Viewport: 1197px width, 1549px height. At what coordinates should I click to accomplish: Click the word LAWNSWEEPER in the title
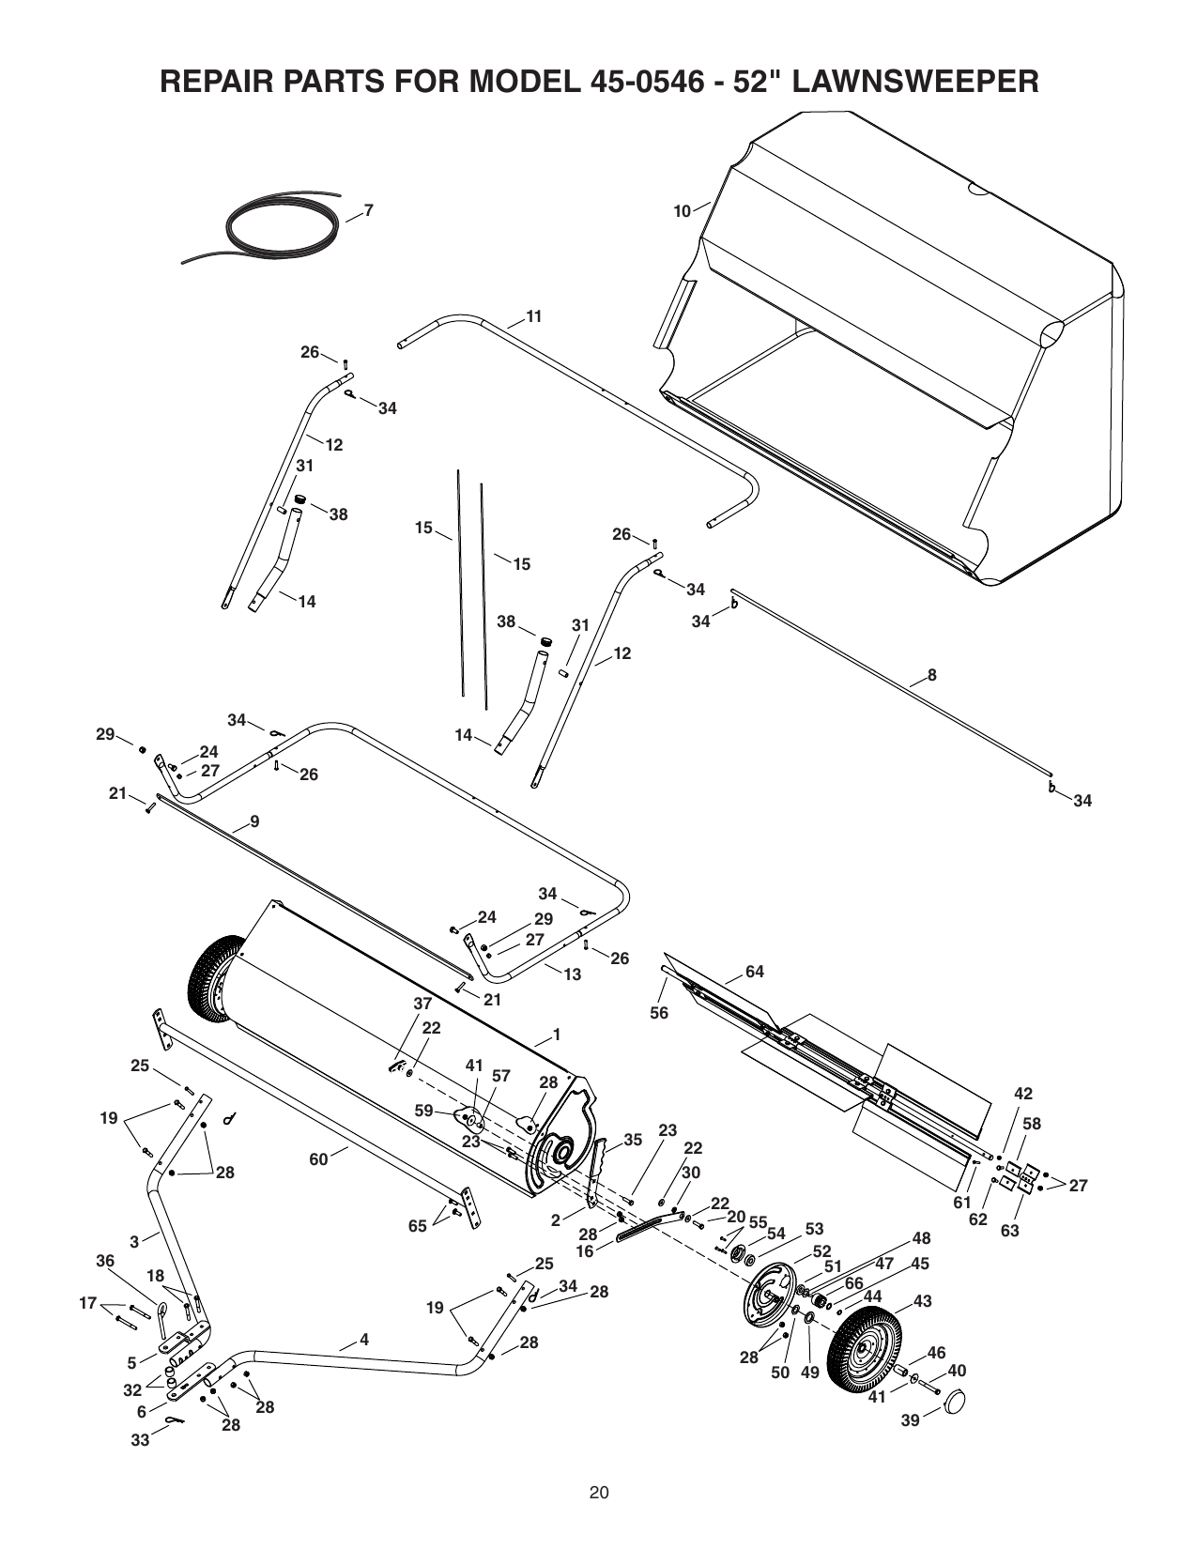tap(914, 82)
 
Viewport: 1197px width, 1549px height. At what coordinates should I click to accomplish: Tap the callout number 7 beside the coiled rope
tap(369, 210)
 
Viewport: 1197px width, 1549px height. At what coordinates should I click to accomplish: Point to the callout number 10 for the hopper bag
tap(683, 212)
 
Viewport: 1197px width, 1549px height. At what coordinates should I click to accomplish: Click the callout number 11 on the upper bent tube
tap(534, 316)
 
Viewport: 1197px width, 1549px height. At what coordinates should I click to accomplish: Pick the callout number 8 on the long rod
tap(932, 675)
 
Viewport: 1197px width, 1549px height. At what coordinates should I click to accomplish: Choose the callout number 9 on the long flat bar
tap(254, 821)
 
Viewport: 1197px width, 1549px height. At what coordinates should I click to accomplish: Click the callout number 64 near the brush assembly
tap(755, 972)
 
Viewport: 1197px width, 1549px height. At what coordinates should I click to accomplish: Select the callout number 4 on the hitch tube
tap(364, 1340)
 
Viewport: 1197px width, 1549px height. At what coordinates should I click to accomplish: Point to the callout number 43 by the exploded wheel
tap(923, 1301)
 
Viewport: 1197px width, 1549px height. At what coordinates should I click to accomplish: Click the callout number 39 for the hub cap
tap(911, 1420)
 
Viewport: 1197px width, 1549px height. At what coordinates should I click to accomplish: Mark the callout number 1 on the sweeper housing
tap(557, 1034)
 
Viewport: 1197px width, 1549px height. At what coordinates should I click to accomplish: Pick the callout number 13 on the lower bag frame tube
tap(573, 974)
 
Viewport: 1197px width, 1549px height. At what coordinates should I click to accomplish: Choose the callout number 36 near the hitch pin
tap(105, 1261)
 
